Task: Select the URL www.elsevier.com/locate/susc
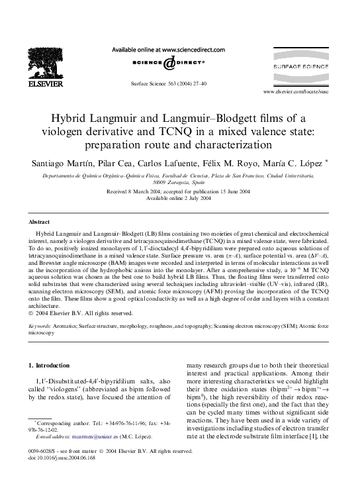click(305, 91)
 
